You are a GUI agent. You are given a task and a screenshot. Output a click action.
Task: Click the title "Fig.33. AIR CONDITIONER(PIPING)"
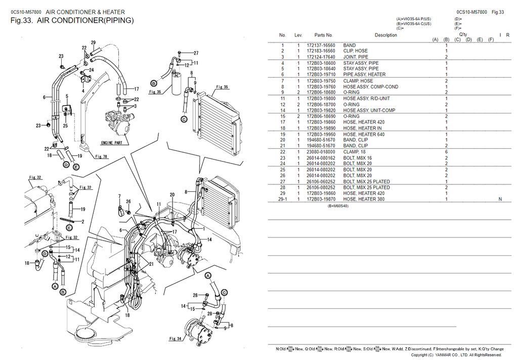point(72,21)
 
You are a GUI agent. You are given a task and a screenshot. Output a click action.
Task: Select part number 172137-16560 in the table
point(321,46)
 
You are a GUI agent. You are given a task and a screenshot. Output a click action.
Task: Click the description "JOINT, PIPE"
point(356,57)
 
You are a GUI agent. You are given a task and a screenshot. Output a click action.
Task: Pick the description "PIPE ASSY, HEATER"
point(364,74)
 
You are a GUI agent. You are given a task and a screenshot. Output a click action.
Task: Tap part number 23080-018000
point(321,152)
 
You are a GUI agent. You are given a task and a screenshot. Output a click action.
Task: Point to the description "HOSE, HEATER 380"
point(364,199)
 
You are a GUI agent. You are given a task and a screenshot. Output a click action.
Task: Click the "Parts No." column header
point(323,35)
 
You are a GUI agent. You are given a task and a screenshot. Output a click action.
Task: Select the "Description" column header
point(385,35)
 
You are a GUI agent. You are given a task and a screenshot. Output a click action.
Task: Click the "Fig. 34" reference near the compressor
point(176,339)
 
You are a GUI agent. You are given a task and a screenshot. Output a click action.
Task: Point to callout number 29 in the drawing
point(93,43)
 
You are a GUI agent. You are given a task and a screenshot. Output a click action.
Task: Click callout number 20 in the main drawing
point(172,195)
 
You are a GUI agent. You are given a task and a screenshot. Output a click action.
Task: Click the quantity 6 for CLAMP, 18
point(446,152)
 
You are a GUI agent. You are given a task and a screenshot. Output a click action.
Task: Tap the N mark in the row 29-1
point(500,199)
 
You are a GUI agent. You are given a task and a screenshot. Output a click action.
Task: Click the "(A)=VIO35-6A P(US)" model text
point(414,19)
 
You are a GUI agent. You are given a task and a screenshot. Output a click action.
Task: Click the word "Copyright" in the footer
point(419,355)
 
